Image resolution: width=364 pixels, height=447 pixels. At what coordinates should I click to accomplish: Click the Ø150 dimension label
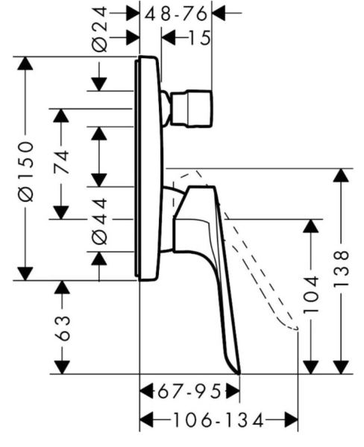26,171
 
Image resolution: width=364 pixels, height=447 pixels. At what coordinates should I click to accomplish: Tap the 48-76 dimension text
175,13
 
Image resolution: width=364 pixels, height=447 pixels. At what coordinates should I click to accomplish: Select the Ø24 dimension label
100,30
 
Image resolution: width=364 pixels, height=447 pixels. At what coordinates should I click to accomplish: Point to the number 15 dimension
200,38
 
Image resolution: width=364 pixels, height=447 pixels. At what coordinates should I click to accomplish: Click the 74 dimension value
62,162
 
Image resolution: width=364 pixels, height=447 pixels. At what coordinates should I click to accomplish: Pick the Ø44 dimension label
100,221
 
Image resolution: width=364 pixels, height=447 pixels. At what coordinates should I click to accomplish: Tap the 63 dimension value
62,328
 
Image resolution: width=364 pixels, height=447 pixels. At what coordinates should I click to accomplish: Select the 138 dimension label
341,268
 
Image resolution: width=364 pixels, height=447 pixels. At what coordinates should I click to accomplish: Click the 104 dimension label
310,294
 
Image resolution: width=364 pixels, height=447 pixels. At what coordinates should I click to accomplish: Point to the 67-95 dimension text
189,391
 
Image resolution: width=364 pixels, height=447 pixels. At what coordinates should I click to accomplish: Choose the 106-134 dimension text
219,421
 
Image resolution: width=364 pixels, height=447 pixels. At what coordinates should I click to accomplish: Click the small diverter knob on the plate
187,108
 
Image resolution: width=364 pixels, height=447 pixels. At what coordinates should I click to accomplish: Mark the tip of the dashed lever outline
296,329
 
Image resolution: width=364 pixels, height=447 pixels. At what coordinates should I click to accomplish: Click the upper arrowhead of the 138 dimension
341,175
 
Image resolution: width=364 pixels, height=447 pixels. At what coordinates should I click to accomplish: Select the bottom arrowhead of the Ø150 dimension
25,273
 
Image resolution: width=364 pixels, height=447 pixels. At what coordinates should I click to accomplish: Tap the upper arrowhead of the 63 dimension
62,287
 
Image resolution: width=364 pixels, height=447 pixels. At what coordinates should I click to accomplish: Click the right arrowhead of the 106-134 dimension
291,421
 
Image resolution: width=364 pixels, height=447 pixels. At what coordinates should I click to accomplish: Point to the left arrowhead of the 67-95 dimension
146,391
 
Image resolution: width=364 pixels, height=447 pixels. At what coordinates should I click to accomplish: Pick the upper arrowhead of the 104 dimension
310,226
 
